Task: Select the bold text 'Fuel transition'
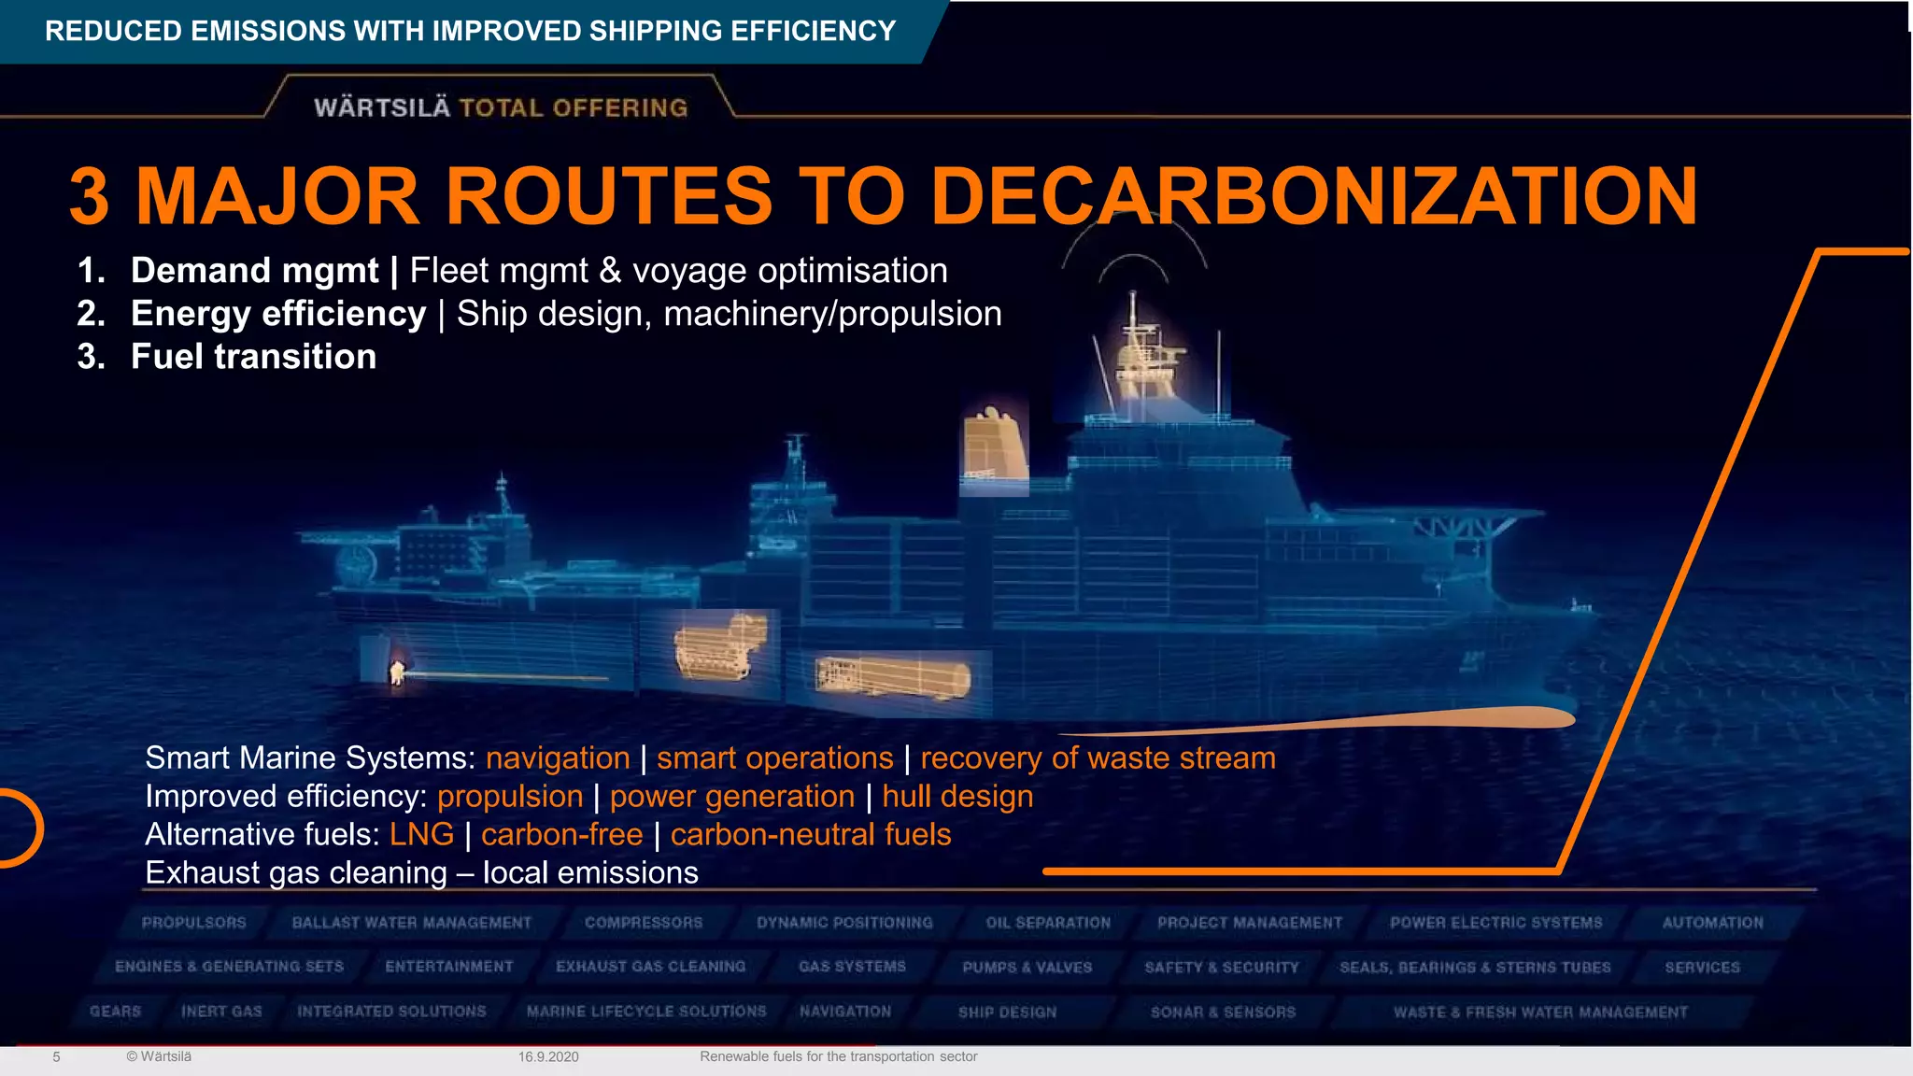coord(253,357)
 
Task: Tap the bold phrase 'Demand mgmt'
coord(254,271)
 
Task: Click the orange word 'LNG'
coord(421,834)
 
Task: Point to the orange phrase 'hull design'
coord(957,796)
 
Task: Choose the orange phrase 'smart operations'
coord(774,757)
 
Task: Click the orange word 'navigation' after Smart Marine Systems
coord(558,757)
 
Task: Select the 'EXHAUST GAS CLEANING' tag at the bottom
coord(650,967)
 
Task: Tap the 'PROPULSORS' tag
coord(193,923)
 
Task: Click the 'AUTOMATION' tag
coord(1712,923)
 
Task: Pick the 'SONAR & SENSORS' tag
coord(1223,1012)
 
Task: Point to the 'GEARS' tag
coord(115,1012)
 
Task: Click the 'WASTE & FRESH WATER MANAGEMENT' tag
coord(1540,1012)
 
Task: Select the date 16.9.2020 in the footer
coord(548,1056)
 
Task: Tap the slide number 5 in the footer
coord(56,1056)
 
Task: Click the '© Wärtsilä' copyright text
coord(159,1056)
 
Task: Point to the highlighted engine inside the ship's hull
coord(720,646)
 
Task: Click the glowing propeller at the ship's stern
coord(397,672)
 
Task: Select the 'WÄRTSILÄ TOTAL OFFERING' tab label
coord(501,107)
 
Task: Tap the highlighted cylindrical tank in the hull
coord(892,677)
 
